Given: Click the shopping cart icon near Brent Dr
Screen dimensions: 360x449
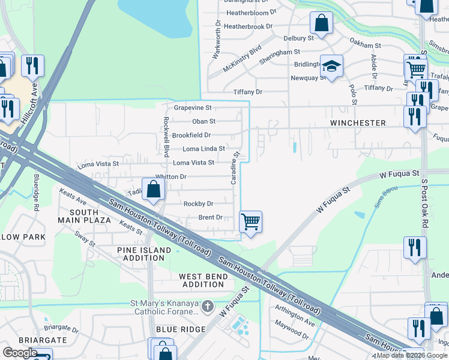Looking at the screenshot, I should [x=250, y=221].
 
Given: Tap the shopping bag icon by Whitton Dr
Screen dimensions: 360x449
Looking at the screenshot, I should [x=154, y=189].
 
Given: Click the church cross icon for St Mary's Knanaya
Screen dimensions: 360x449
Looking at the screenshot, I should [x=207, y=307].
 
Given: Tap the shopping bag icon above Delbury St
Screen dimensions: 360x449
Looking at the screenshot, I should [x=322, y=23].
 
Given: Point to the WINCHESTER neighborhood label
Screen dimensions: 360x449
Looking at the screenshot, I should [x=358, y=123].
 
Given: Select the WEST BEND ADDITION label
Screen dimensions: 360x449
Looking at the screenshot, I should [x=203, y=280].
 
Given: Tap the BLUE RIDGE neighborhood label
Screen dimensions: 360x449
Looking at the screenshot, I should [x=181, y=329].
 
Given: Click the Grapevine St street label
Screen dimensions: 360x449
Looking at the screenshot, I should [x=193, y=108].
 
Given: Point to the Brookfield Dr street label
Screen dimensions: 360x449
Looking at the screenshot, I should [x=191, y=136].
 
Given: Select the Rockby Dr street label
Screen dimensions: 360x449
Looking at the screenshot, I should [x=198, y=204].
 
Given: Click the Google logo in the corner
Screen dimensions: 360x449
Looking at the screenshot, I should [x=20, y=352].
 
